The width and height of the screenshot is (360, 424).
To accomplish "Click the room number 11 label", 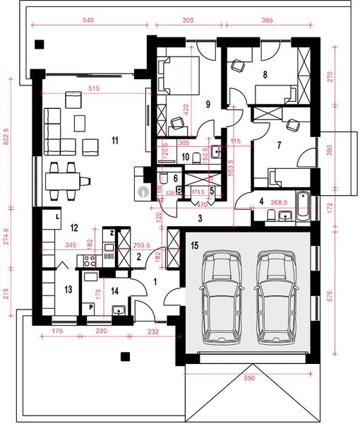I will click(x=114, y=141).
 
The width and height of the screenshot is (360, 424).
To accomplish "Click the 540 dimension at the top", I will click(x=88, y=22).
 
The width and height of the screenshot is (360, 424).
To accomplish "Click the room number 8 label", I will click(x=265, y=73).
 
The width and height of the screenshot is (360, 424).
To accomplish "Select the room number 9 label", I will click(x=208, y=103).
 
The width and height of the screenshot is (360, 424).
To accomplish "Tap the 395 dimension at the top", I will click(x=267, y=22).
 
